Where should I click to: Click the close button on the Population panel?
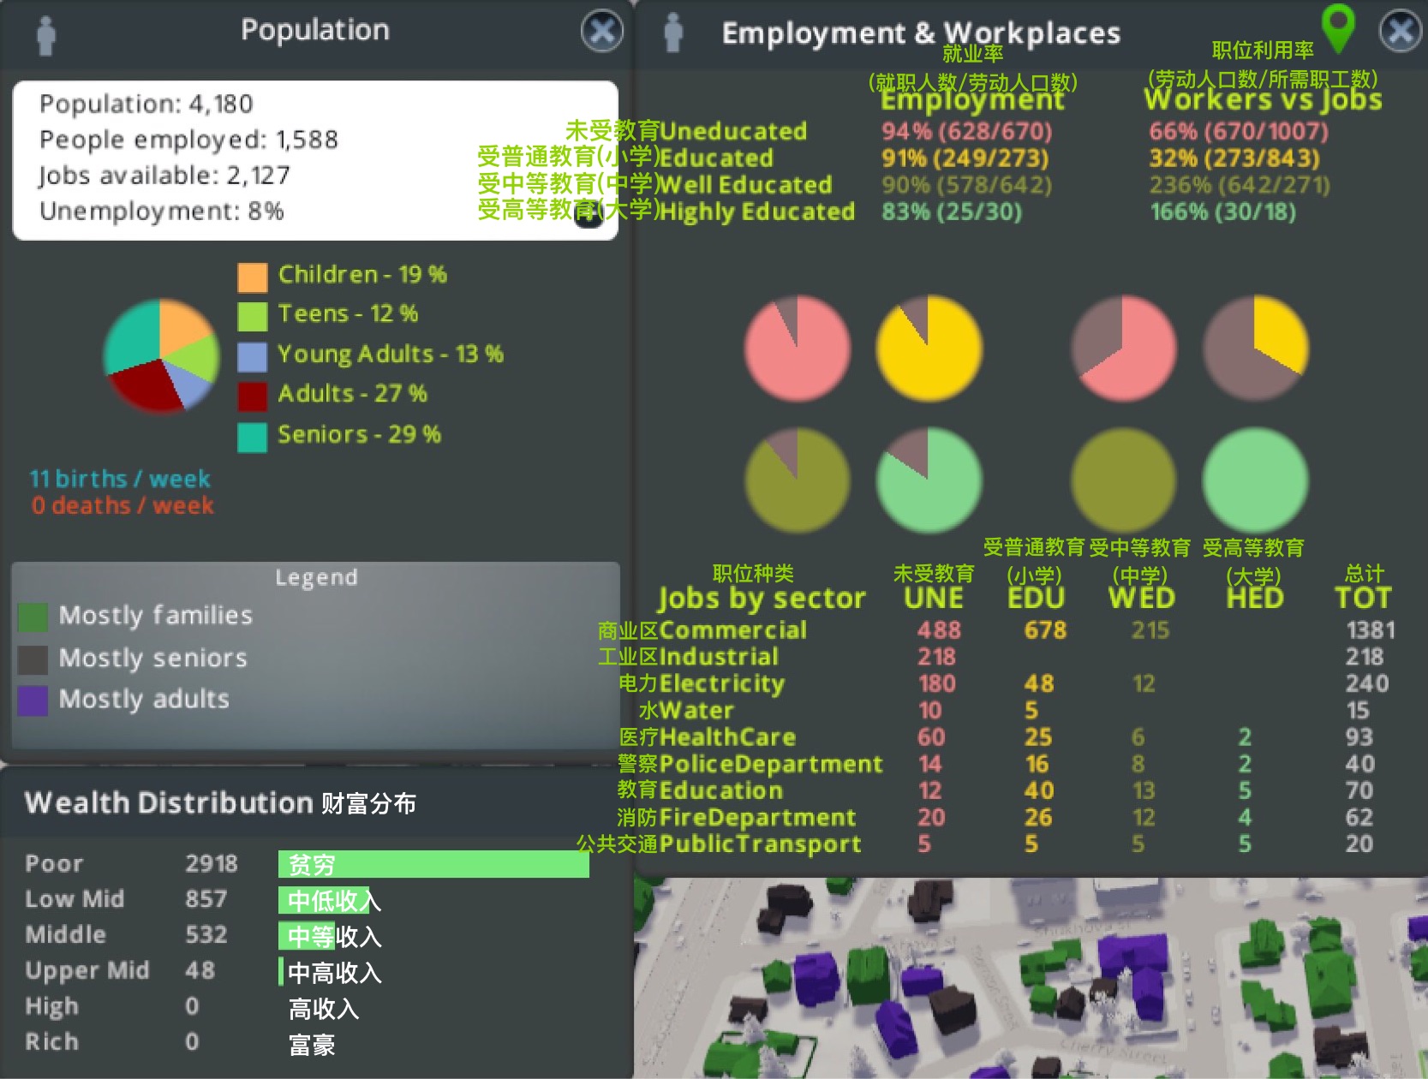click(602, 32)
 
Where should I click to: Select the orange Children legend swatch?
click(252, 277)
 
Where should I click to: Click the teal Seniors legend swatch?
click(252, 437)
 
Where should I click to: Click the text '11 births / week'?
click(120, 478)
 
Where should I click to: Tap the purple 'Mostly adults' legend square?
click(33, 700)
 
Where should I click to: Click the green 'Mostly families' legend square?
click(33, 617)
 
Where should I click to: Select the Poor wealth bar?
click(433, 864)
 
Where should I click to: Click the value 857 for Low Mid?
click(206, 899)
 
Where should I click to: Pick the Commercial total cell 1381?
click(1370, 630)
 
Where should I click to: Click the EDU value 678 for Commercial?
click(1045, 630)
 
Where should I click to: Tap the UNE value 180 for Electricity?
click(937, 683)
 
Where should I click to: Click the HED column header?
click(1255, 598)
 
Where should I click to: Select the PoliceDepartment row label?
click(770, 764)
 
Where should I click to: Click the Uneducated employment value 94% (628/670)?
click(967, 131)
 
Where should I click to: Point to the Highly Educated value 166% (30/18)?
click(1222, 212)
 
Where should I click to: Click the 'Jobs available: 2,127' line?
click(164, 176)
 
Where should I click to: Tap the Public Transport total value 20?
click(1359, 844)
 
